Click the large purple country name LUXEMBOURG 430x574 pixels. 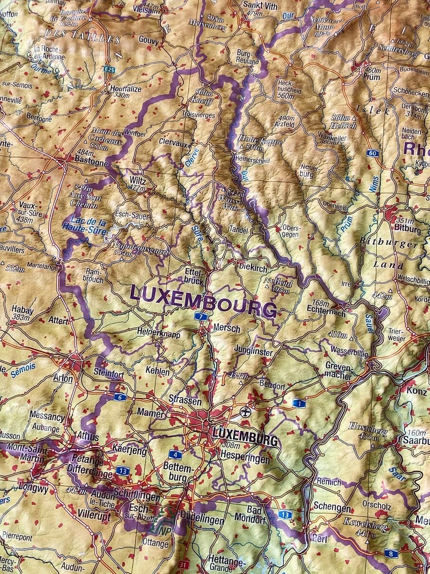tap(203, 301)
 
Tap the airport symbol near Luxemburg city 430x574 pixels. tap(245, 411)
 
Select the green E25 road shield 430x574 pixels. tap(110, 69)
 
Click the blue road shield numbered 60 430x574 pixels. tap(373, 153)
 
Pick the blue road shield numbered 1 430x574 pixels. tap(298, 403)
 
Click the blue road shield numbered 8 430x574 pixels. tap(391, 553)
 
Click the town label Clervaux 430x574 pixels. tap(174, 142)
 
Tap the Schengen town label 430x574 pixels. tap(332, 508)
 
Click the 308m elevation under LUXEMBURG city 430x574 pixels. tap(231, 445)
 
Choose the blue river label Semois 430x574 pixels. tap(23, 370)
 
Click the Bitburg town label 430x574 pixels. tap(407, 229)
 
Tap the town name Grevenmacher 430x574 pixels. tap(339, 370)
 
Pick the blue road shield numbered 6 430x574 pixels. tap(120, 397)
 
